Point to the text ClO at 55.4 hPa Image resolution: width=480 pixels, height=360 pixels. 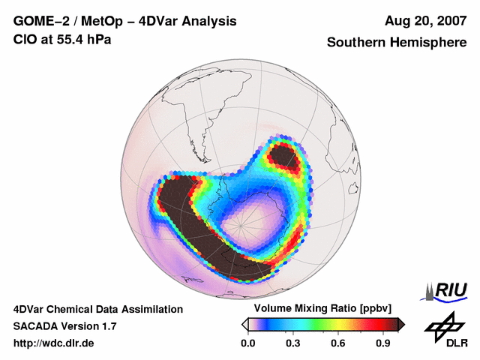(62, 39)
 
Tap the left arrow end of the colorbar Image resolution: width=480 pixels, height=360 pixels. (244, 324)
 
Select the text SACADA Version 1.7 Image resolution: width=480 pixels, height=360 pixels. (64, 326)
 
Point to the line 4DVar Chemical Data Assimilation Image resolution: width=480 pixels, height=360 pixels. (97, 309)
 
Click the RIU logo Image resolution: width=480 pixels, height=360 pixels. (447, 290)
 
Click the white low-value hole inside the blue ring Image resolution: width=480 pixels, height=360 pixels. (251, 221)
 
